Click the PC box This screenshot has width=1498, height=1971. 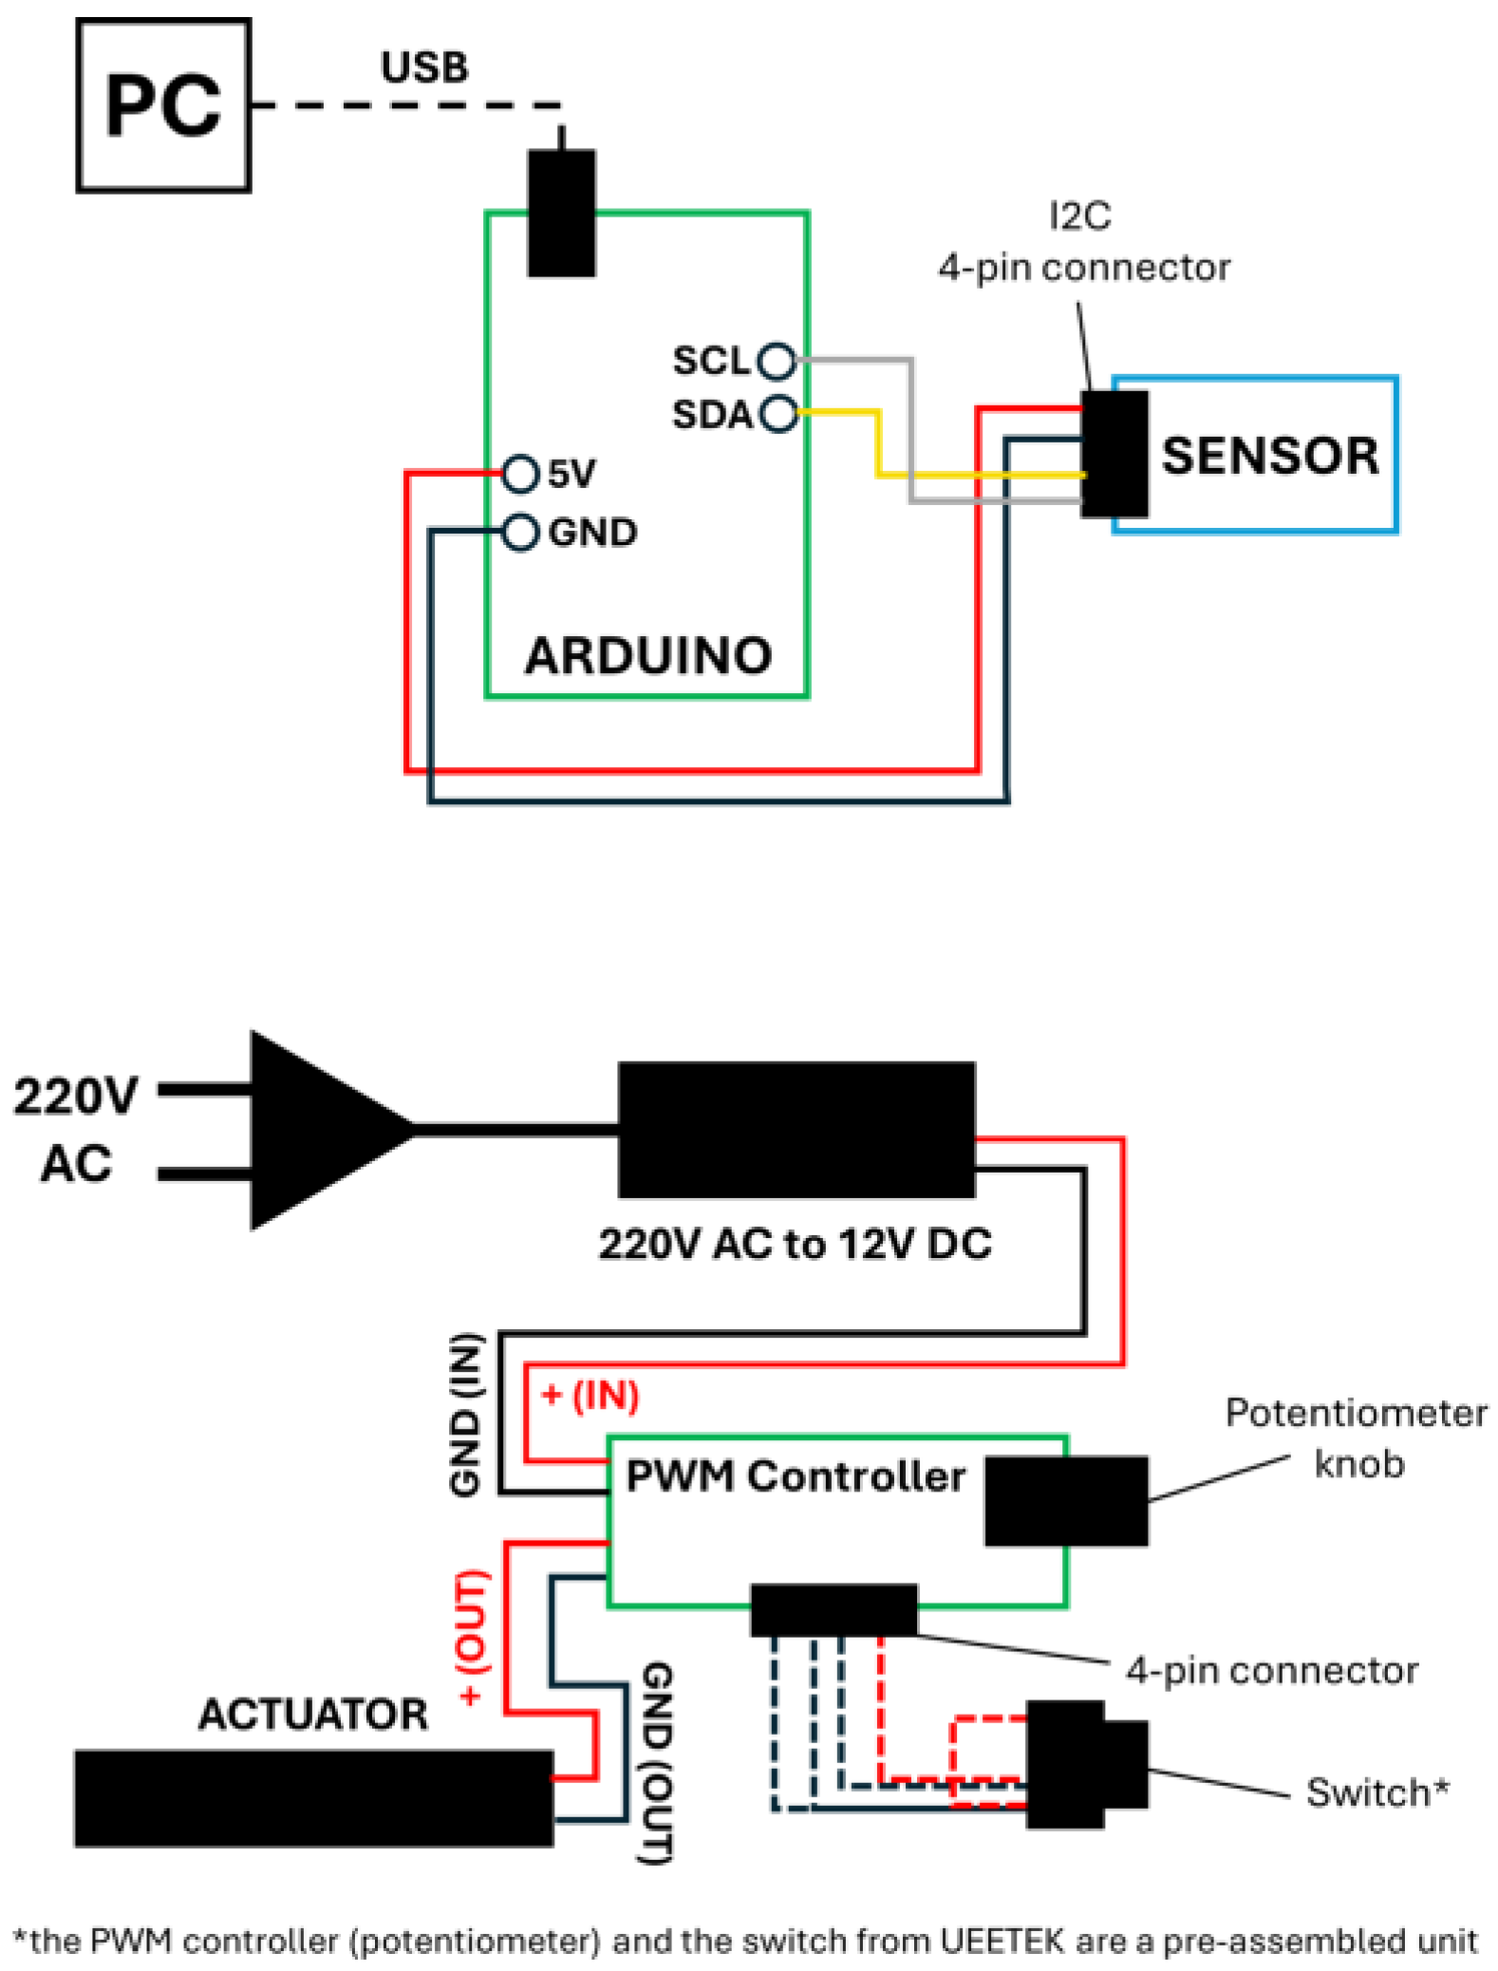coord(163,105)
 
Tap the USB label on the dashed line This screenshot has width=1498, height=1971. coord(424,67)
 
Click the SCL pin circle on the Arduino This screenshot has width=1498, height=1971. coord(777,361)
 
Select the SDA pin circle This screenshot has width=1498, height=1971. coord(778,414)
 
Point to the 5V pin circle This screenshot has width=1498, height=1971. coord(520,473)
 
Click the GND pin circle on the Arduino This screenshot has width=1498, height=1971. coord(520,532)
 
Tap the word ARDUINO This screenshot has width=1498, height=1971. coord(648,655)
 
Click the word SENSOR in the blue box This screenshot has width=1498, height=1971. coord(1269,456)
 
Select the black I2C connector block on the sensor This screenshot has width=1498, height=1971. coord(1114,454)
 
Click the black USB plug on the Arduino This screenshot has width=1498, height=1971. coord(561,214)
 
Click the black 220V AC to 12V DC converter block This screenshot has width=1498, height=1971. coord(796,1130)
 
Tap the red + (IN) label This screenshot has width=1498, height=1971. coord(590,1395)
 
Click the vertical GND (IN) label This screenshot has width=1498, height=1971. coord(466,1415)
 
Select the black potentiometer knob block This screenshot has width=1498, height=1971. coord(1065,1501)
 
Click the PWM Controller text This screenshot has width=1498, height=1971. coord(796,1476)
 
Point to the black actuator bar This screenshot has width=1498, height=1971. coord(313,1798)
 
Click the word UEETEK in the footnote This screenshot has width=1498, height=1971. coord(1002,1942)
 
